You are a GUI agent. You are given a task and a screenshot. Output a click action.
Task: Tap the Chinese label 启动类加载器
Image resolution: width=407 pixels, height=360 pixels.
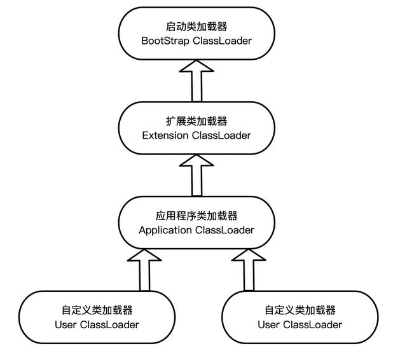pyautogui.click(x=197, y=26)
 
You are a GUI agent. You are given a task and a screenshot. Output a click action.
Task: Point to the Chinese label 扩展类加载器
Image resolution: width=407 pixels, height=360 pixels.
pyautogui.click(x=197, y=121)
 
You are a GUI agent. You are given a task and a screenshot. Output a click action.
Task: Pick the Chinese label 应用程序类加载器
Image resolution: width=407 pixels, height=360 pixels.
pyautogui.click(x=197, y=216)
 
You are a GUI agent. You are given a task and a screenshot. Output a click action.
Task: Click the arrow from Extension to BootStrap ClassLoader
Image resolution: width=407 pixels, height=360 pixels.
pyautogui.click(x=197, y=81)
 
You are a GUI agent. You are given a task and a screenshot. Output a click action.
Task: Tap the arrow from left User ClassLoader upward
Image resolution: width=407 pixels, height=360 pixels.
pyautogui.click(x=146, y=270)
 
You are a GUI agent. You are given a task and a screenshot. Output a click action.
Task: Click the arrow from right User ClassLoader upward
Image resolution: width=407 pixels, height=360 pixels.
pyautogui.click(x=247, y=270)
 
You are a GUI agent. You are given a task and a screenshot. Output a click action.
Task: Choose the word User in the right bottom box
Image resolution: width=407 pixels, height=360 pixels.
pyautogui.click(x=269, y=325)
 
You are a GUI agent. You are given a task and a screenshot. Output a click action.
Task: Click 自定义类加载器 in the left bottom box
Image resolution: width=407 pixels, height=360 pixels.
pyautogui.click(x=97, y=310)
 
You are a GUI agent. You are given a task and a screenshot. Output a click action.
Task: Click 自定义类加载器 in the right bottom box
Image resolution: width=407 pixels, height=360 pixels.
pyautogui.click(x=300, y=310)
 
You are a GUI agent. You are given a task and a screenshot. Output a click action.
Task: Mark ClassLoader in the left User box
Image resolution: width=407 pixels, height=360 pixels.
pyautogui.click(x=109, y=325)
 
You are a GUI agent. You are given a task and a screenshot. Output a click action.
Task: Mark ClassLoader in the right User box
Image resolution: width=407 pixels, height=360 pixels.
pyautogui.click(x=312, y=325)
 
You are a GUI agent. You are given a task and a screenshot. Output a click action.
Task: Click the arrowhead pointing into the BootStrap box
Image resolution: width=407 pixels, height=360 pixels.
pyautogui.click(x=197, y=67)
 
